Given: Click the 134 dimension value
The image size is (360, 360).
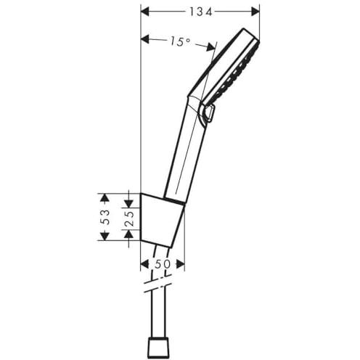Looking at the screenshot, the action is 200,12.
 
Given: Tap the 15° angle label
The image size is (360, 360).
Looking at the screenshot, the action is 179,41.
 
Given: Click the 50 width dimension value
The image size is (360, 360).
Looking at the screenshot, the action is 163,264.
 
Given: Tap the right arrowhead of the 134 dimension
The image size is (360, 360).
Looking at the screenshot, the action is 255,12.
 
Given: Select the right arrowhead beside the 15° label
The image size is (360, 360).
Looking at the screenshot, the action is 210,46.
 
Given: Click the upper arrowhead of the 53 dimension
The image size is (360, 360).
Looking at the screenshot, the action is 105,197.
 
